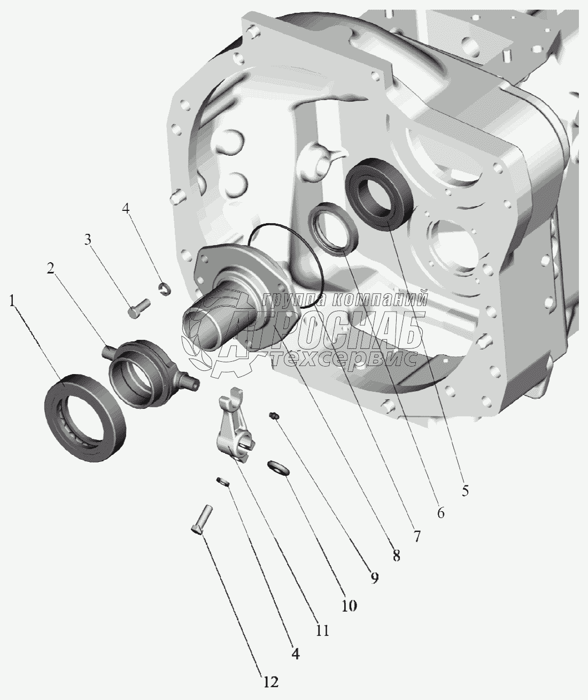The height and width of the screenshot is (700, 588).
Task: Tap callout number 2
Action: [51, 268]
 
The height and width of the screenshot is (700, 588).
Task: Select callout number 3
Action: [88, 240]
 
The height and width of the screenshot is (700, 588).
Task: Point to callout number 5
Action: [465, 491]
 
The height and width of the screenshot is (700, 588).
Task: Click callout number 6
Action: [440, 513]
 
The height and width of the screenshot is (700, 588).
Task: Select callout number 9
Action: [374, 577]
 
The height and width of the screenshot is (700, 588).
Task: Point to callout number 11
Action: [322, 630]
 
